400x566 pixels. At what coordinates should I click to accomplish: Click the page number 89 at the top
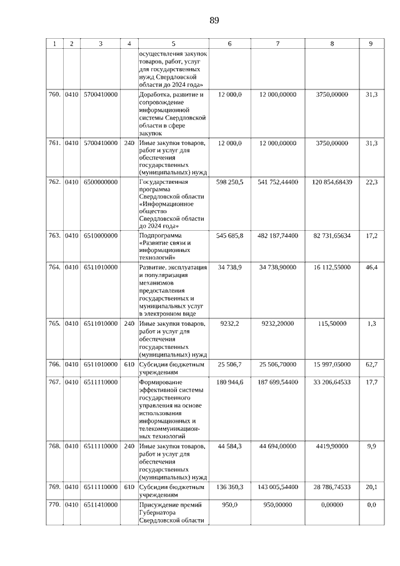pyautogui.click(x=214, y=21)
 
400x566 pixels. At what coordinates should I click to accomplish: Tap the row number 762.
pyautogui.click(x=54, y=182)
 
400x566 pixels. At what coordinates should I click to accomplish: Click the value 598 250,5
pyautogui.click(x=229, y=182)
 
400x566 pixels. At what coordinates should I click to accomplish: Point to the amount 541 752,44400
pyautogui.click(x=277, y=182)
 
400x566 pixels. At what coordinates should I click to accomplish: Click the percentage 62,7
pyautogui.click(x=371, y=364)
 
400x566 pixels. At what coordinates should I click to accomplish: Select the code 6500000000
pyautogui.click(x=100, y=182)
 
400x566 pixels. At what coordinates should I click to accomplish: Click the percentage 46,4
pyautogui.click(x=371, y=267)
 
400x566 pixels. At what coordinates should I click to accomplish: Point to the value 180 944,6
pyautogui.click(x=229, y=382)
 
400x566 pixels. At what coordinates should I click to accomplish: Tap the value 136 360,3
pyautogui.click(x=229, y=487)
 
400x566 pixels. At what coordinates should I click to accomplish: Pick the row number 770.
pyautogui.click(x=54, y=504)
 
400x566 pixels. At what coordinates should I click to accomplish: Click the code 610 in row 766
pyautogui.click(x=129, y=364)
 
